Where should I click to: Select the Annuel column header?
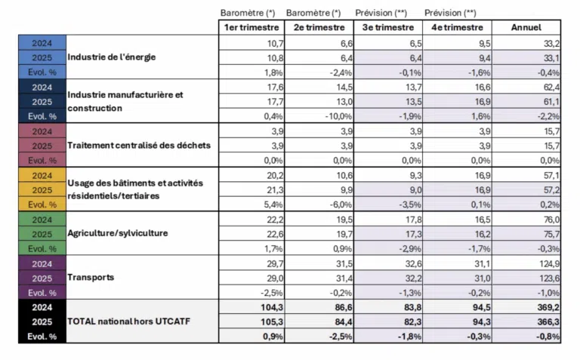(x=526, y=28)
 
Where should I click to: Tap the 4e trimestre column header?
(x=458, y=28)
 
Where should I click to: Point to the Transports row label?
(x=91, y=278)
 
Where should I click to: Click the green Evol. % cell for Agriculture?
(x=42, y=248)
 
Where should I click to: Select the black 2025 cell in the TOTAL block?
(x=42, y=322)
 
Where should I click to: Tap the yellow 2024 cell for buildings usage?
(x=42, y=175)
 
